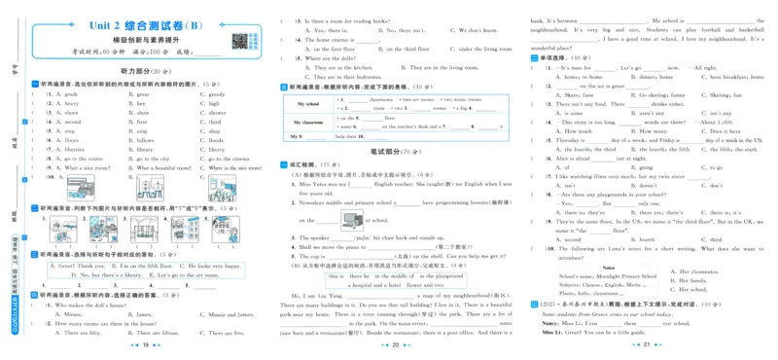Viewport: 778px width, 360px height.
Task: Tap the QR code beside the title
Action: pyautogui.click(x=237, y=42)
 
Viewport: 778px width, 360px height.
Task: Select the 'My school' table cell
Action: pyautogui.click(x=307, y=103)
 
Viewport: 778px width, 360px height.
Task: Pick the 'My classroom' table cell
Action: pyautogui.click(x=307, y=123)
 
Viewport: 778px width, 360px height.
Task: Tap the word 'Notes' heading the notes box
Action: pyautogui.click(x=608, y=266)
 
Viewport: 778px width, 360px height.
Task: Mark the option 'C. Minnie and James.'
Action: pyautogui.click(x=223, y=314)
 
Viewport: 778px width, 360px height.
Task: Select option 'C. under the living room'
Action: pyautogui.click(x=477, y=48)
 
